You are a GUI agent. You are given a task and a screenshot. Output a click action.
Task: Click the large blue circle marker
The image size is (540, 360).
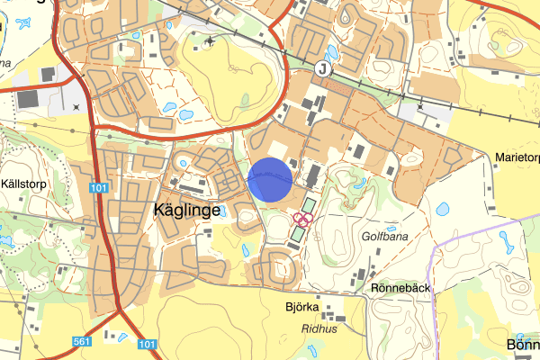pyautogui.click(x=270, y=179)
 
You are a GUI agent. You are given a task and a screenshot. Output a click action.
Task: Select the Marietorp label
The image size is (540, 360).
pyautogui.click(x=515, y=157)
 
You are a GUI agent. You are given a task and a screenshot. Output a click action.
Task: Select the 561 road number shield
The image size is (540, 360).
pyautogui.click(x=82, y=343)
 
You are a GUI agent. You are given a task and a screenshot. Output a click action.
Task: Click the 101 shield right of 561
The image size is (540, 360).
pyautogui.click(x=148, y=344)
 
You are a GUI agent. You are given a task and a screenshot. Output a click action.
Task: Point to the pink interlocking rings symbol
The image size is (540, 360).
pyautogui.click(x=302, y=217)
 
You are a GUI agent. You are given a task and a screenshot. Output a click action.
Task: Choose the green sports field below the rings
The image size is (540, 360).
pyautogui.click(x=298, y=233)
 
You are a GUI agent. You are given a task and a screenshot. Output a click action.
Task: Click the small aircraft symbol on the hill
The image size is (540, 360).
pyautogui.click(x=211, y=41)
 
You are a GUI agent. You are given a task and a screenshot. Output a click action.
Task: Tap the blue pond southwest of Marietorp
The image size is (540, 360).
pyautogui.click(x=442, y=209)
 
